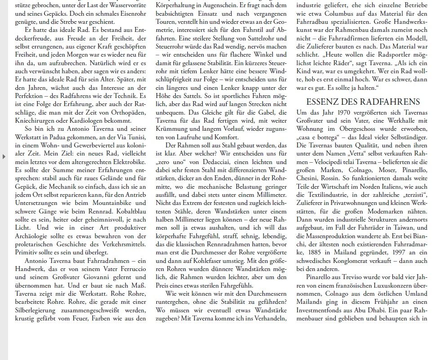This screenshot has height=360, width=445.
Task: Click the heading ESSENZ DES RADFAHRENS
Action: (x=363, y=102)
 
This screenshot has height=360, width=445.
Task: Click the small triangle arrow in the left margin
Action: (x=4, y=156)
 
